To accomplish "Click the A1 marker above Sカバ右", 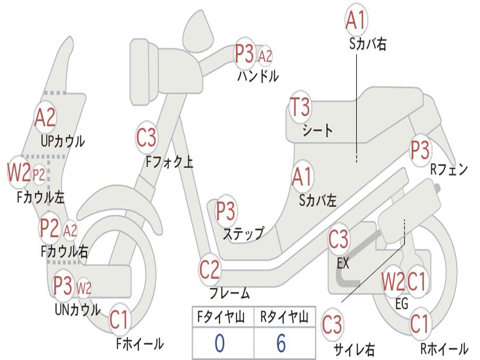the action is pos(356,20).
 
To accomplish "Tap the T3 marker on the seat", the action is pos(300,107).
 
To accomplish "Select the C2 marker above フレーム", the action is pos(210,270).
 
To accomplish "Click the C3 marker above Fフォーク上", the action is pos(146,137).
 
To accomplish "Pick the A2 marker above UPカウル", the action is pos(45,117).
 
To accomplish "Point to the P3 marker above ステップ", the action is pos(226,210).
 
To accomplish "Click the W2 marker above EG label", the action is pos(393,281).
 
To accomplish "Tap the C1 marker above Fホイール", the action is pos(119,319).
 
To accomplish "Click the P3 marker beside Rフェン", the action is pos(420,150).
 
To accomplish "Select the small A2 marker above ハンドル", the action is pos(265,56).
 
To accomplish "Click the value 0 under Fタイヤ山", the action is pos(220,343).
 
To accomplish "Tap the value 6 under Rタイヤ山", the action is pos(281,343).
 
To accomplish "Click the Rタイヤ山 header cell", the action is pos(285,316).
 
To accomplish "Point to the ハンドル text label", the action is pos(258,76).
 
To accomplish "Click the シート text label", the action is pos(317,131).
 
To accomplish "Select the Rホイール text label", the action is pos(444,348).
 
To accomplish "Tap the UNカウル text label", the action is pos(78,310).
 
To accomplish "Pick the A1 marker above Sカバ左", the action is pos(302,177).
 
